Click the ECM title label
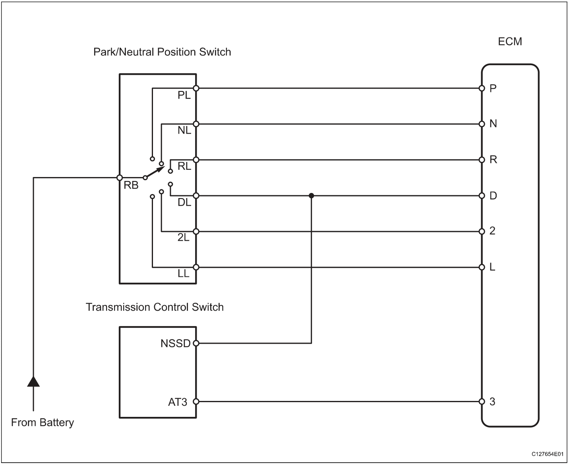(x=510, y=41)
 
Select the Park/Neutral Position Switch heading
(x=162, y=52)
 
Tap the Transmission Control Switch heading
(x=155, y=307)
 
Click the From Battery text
(x=43, y=422)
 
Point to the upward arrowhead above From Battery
(x=33, y=381)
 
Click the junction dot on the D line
(x=312, y=196)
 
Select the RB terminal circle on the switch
(x=120, y=177)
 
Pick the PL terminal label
(x=184, y=95)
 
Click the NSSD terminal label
(x=175, y=343)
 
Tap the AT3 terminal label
(x=178, y=402)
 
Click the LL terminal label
(x=183, y=274)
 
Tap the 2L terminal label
(x=183, y=237)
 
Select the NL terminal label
(x=184, y=130)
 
